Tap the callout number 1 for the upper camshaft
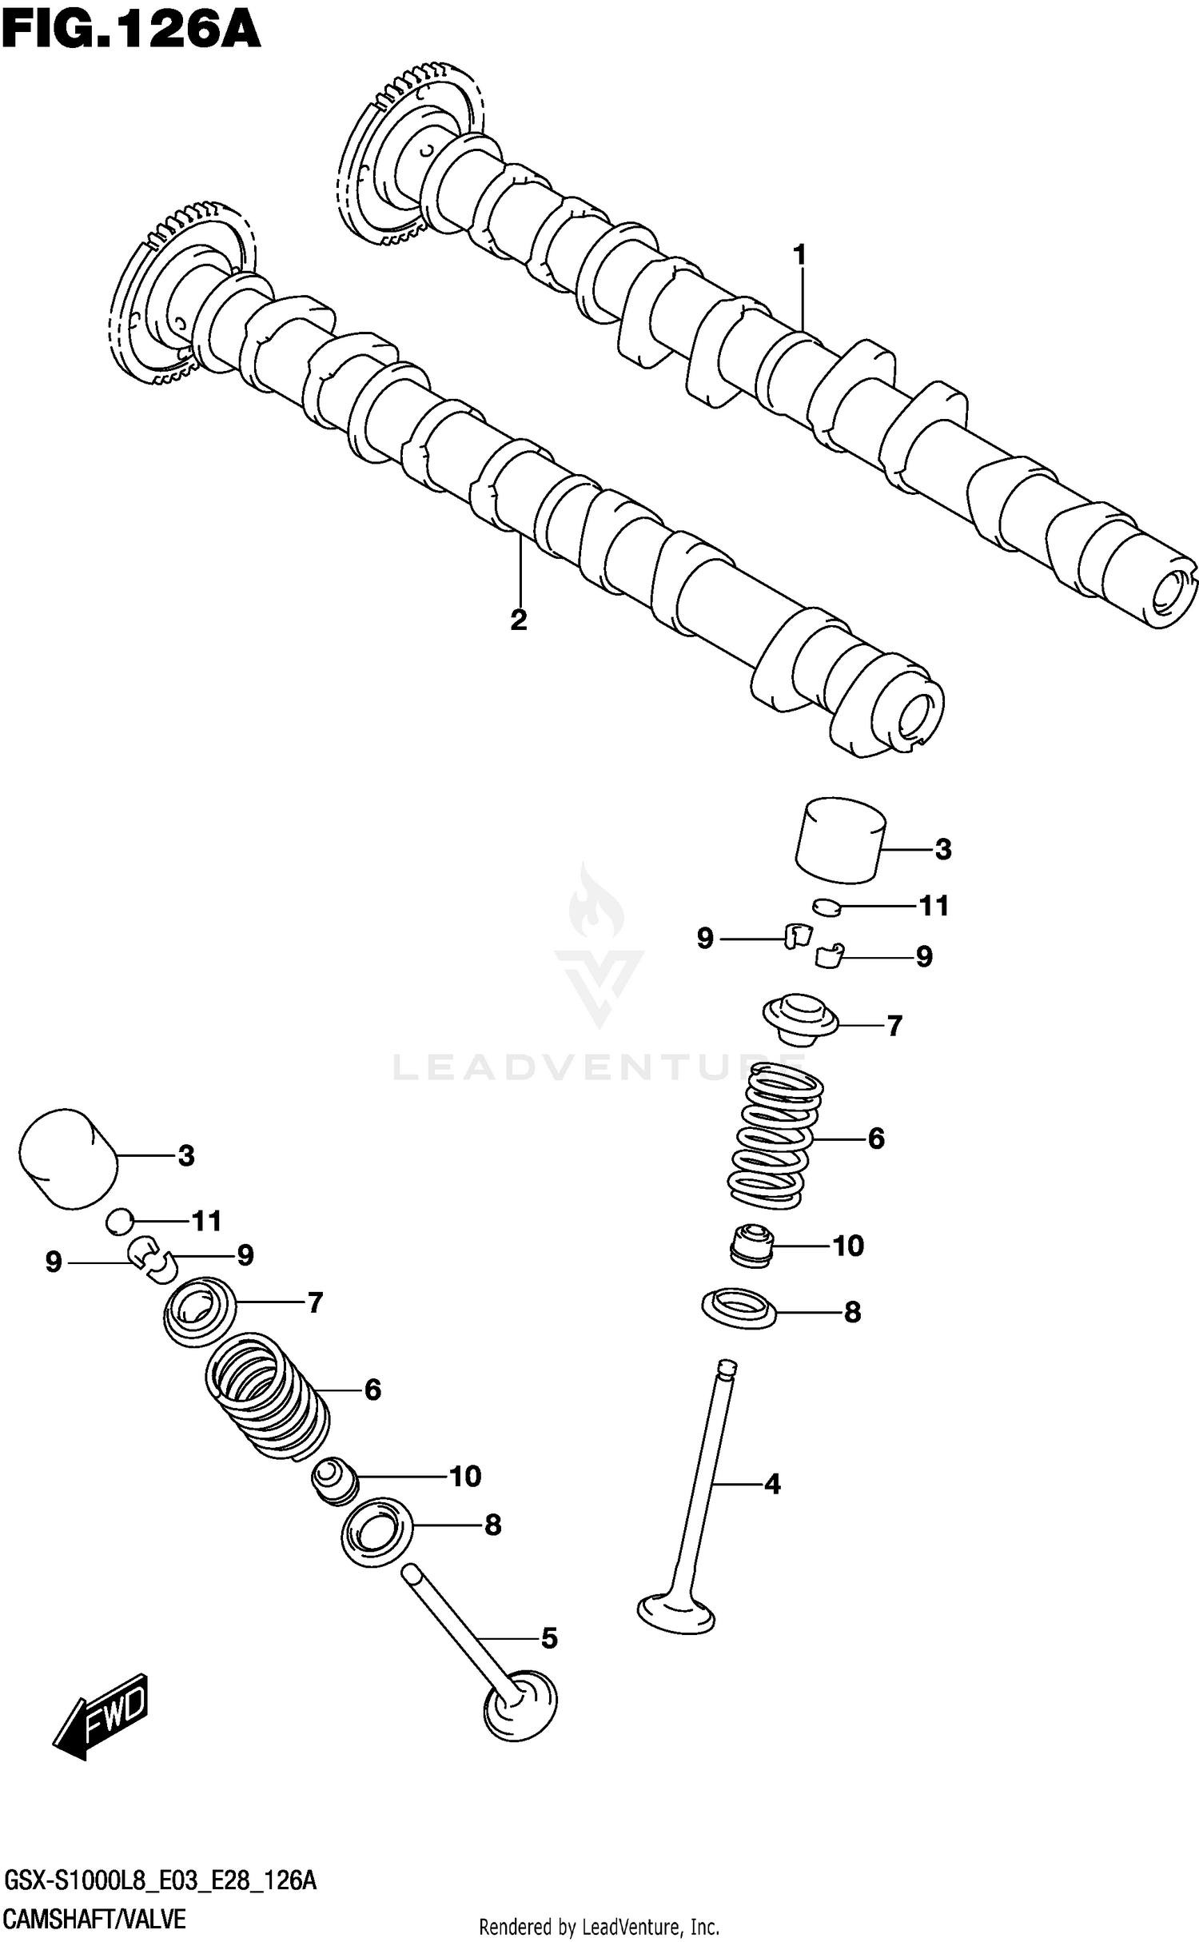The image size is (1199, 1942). pyautogui.click(x=799, y=255)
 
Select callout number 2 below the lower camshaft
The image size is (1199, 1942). pyautogui.click(x=519, y=620)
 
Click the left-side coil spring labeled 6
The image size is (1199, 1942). pyautogui.click(x=268, y=1403)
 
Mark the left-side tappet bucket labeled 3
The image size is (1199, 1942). pyautogui.click(x=68, y=1158)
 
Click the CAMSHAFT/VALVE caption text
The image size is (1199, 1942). pyautogui.click(x=95, y=1918)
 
